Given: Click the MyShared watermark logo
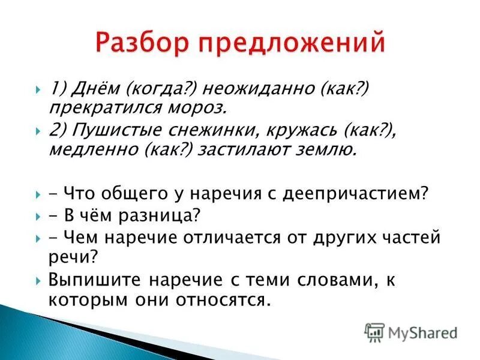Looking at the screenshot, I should [411, 332].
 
